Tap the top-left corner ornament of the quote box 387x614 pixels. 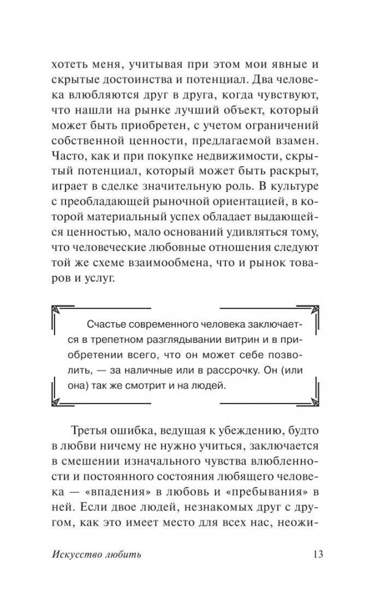(59, 310)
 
